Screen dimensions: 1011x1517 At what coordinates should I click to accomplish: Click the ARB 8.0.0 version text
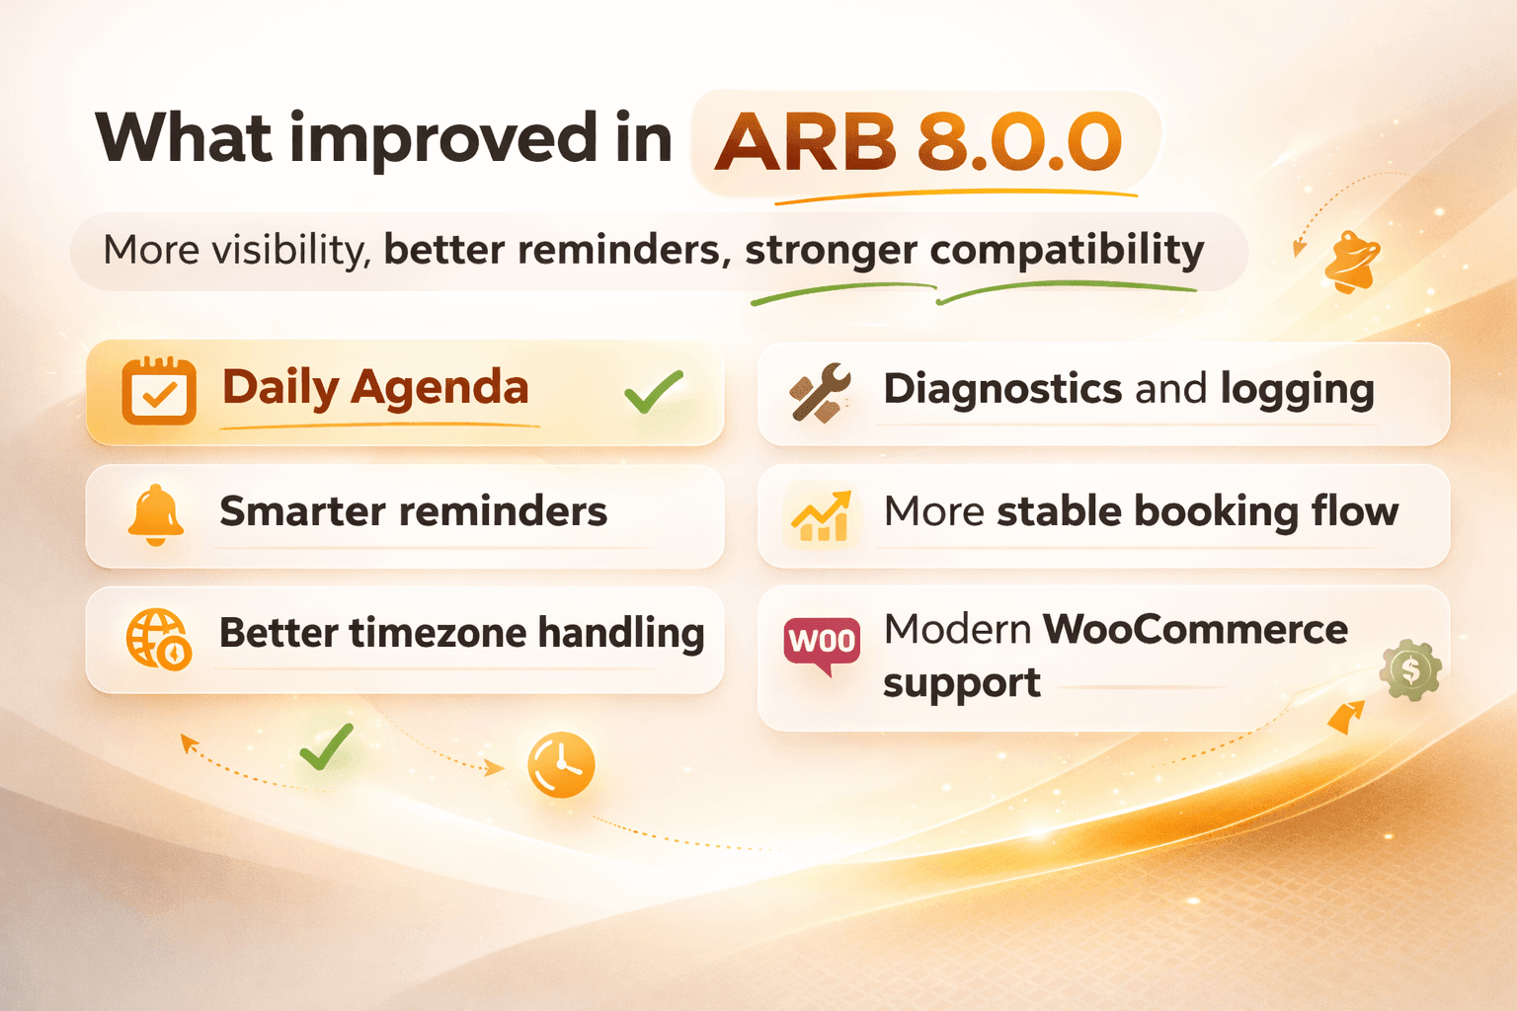(918, 142)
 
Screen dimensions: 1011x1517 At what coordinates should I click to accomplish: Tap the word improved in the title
(443, 139)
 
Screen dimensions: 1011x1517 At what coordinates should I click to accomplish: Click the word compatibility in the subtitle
(1067, 250)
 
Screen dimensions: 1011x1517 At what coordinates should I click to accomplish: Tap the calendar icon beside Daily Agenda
(158, 391)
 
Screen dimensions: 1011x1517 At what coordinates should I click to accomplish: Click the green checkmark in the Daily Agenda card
(654, 392)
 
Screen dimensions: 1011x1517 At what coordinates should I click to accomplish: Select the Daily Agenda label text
(375, 387)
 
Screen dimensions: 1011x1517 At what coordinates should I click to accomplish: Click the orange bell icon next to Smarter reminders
(156, 514)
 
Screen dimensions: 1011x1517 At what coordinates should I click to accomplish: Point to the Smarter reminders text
(413, 511)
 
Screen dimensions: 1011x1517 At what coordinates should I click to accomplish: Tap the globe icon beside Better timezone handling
(158, 638)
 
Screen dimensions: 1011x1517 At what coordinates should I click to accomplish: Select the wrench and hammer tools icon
(820, 392)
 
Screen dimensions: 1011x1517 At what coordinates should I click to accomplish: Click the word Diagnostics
(1002, 389)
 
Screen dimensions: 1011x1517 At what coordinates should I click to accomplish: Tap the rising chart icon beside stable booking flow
(820, 515)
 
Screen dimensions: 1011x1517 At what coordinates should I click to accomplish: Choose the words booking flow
(1266, 511)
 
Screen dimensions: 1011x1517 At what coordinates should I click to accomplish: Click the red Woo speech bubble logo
(822, 644)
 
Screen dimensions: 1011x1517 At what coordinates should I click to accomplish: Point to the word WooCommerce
(1195, 629)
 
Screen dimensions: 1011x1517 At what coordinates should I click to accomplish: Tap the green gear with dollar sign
(1410, 670)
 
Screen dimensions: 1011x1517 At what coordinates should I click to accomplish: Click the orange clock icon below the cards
(561, 765)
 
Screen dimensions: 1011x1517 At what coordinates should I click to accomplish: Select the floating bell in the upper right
(1351, 263)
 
